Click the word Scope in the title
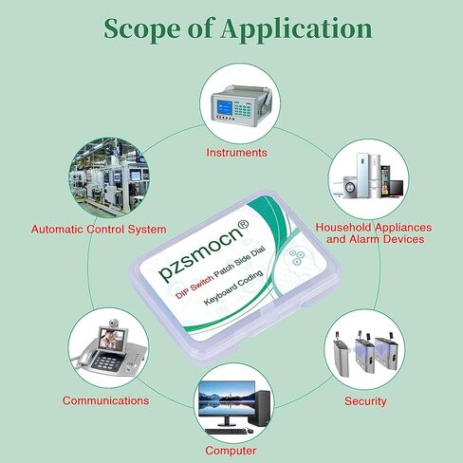pyautogui.click(x=142, y=28)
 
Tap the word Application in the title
pyautogui.click(x=297, y=29)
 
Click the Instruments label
pyautogui.click(x=236, y=153)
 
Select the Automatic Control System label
pyautogui.click(x=99, y=230)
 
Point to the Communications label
pyautogui.click(x=105, y=400)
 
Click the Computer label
pyautogui.click(x=231, y=451)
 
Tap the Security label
pyautogui.click(x=365, y=401)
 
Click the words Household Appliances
pyautogui.click(x=374, y=228)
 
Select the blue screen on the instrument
pyautogui.click(x=224, y=107)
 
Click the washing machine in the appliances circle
pyautogui.click(x=349, y=188)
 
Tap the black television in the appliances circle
pyautogui.click(x=396, y=188)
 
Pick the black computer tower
pyautogui.click(x=260, y=408)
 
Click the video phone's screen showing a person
pyautogui.click(x=111, y=340)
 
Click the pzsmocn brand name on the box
pyautogui.click(x=201, y=252)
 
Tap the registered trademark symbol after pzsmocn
pyautogui.click(x=243, y=225)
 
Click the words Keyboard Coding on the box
pyautogui.click(x=233, y=287)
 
